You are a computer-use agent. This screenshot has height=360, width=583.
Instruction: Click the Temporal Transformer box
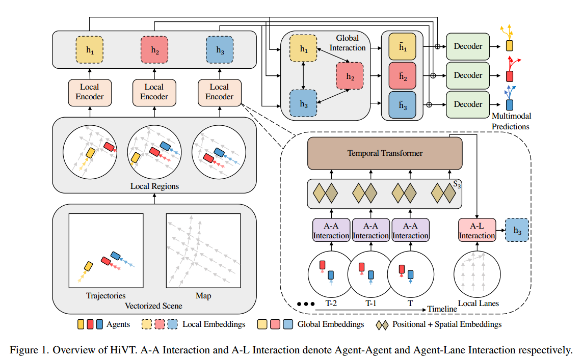pos(385,153)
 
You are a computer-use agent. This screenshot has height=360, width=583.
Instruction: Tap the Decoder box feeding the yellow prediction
pos(468,46)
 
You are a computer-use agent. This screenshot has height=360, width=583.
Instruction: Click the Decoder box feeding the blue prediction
pos(468,104)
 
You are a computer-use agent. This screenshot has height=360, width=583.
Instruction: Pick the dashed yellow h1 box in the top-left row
pos(90,49)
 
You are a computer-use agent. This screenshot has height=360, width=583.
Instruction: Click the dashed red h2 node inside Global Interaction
pos(349,76)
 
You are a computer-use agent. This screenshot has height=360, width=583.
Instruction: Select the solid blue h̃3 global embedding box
pos(402,105)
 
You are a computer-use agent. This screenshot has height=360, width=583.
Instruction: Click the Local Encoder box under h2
pos(154,92)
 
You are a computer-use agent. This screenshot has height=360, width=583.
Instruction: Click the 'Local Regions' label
pos(154,186)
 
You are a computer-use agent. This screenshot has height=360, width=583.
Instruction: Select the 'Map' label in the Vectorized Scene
pos(203,296)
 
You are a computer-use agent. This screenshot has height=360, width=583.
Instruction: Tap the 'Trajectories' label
pos(105,296)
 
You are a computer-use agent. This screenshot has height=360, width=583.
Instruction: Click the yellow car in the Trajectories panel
pos(88,266)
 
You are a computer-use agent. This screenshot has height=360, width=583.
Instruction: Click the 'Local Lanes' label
pos(478,303)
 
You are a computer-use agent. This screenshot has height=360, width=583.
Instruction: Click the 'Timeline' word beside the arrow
pos(442,309)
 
